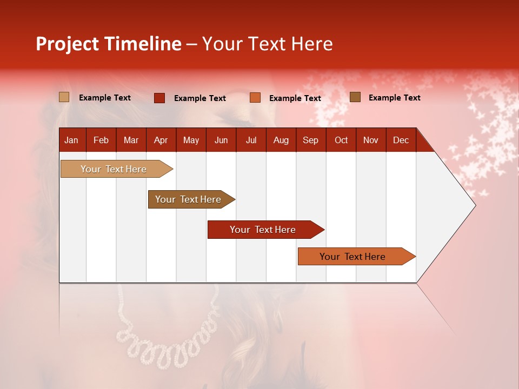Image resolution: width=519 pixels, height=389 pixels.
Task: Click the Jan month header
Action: click(71, 140)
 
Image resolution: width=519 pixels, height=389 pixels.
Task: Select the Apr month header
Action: click(161, 140)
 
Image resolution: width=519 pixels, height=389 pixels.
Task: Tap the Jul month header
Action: click(251, 140)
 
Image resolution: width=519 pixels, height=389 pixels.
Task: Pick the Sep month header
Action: click(310, 140)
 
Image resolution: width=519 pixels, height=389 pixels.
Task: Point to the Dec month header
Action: click(401, 140)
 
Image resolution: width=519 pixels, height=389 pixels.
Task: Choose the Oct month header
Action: click(341, 140)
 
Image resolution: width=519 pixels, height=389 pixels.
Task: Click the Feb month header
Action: click(101, 140)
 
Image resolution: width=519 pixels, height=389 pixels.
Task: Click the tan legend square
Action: click(64, 97)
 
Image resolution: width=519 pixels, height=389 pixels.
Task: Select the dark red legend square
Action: click(159, 98)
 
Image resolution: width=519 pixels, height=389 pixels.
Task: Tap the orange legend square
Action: click(255, 98)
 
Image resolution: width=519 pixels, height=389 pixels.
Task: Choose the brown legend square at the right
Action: click(355, 97)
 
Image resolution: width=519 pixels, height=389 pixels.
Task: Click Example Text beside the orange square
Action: click(295, 98)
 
